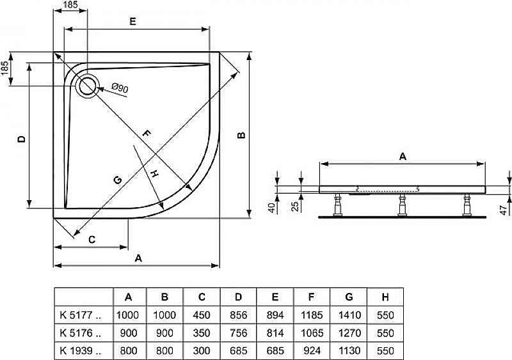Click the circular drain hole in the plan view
click(87, 85)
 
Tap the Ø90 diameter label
click(119, 88)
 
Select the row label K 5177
click(80, 315)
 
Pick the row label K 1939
click(80, 350)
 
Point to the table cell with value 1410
click(349, 315)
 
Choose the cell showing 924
click(312, 350)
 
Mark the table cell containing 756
click(238, 333)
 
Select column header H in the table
click(385, 297)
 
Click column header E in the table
click(275, 297)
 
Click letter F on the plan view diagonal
click(146, 134)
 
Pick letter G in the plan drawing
click(117, 180)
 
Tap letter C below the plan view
click(92, 239)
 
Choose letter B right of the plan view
click(241, 135)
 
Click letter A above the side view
click(402, 155)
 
